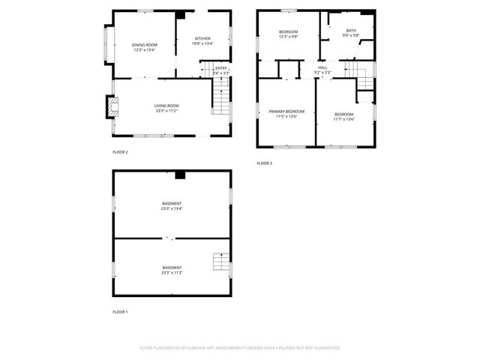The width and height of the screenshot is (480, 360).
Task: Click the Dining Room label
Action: pyautogui.click(x=144, y=48)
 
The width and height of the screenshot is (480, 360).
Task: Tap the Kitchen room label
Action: pyautogui.click(x=202, y=41)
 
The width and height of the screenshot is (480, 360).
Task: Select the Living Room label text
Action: pyautogui.click(x=166, y=109)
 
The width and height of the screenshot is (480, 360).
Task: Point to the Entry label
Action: pyautogui.click(x=221, y=70)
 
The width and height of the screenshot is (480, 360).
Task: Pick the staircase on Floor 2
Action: pyautogui.click(x=220, y=97)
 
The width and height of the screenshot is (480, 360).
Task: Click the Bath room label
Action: pyautogui.click(x=351, y=33)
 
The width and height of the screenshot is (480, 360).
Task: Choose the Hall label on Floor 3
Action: pyautogui.click(x=322, y=70)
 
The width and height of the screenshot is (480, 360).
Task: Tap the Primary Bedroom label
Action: pyautogui.click(x=286, y=114)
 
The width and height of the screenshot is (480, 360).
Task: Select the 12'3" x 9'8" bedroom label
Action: pyautogui.click(x=289, y=34)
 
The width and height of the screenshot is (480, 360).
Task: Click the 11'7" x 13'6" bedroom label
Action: pyautogui.click(x=344, y=117)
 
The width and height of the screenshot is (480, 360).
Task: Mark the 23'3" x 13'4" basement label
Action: pyautogui.click(x=172, y=206)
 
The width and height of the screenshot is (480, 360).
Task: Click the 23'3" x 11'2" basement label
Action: pyautogui.click(x=172, y=270)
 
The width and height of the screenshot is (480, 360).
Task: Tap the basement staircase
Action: pyautogui.click(x=219, y=262)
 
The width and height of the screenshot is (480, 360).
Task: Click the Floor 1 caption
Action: pyautogui.click(x=120, y=311)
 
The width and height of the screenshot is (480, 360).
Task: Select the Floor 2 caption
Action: pyautogui.click(x=120, y=152)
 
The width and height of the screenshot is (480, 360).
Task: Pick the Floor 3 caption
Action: pyautogui.click(x=265, y=163)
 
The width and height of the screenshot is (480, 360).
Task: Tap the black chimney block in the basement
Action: pyautogui.click(x=179, y=175)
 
